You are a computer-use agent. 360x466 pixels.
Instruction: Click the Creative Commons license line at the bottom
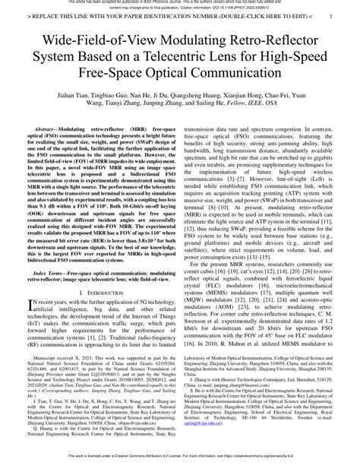180,460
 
